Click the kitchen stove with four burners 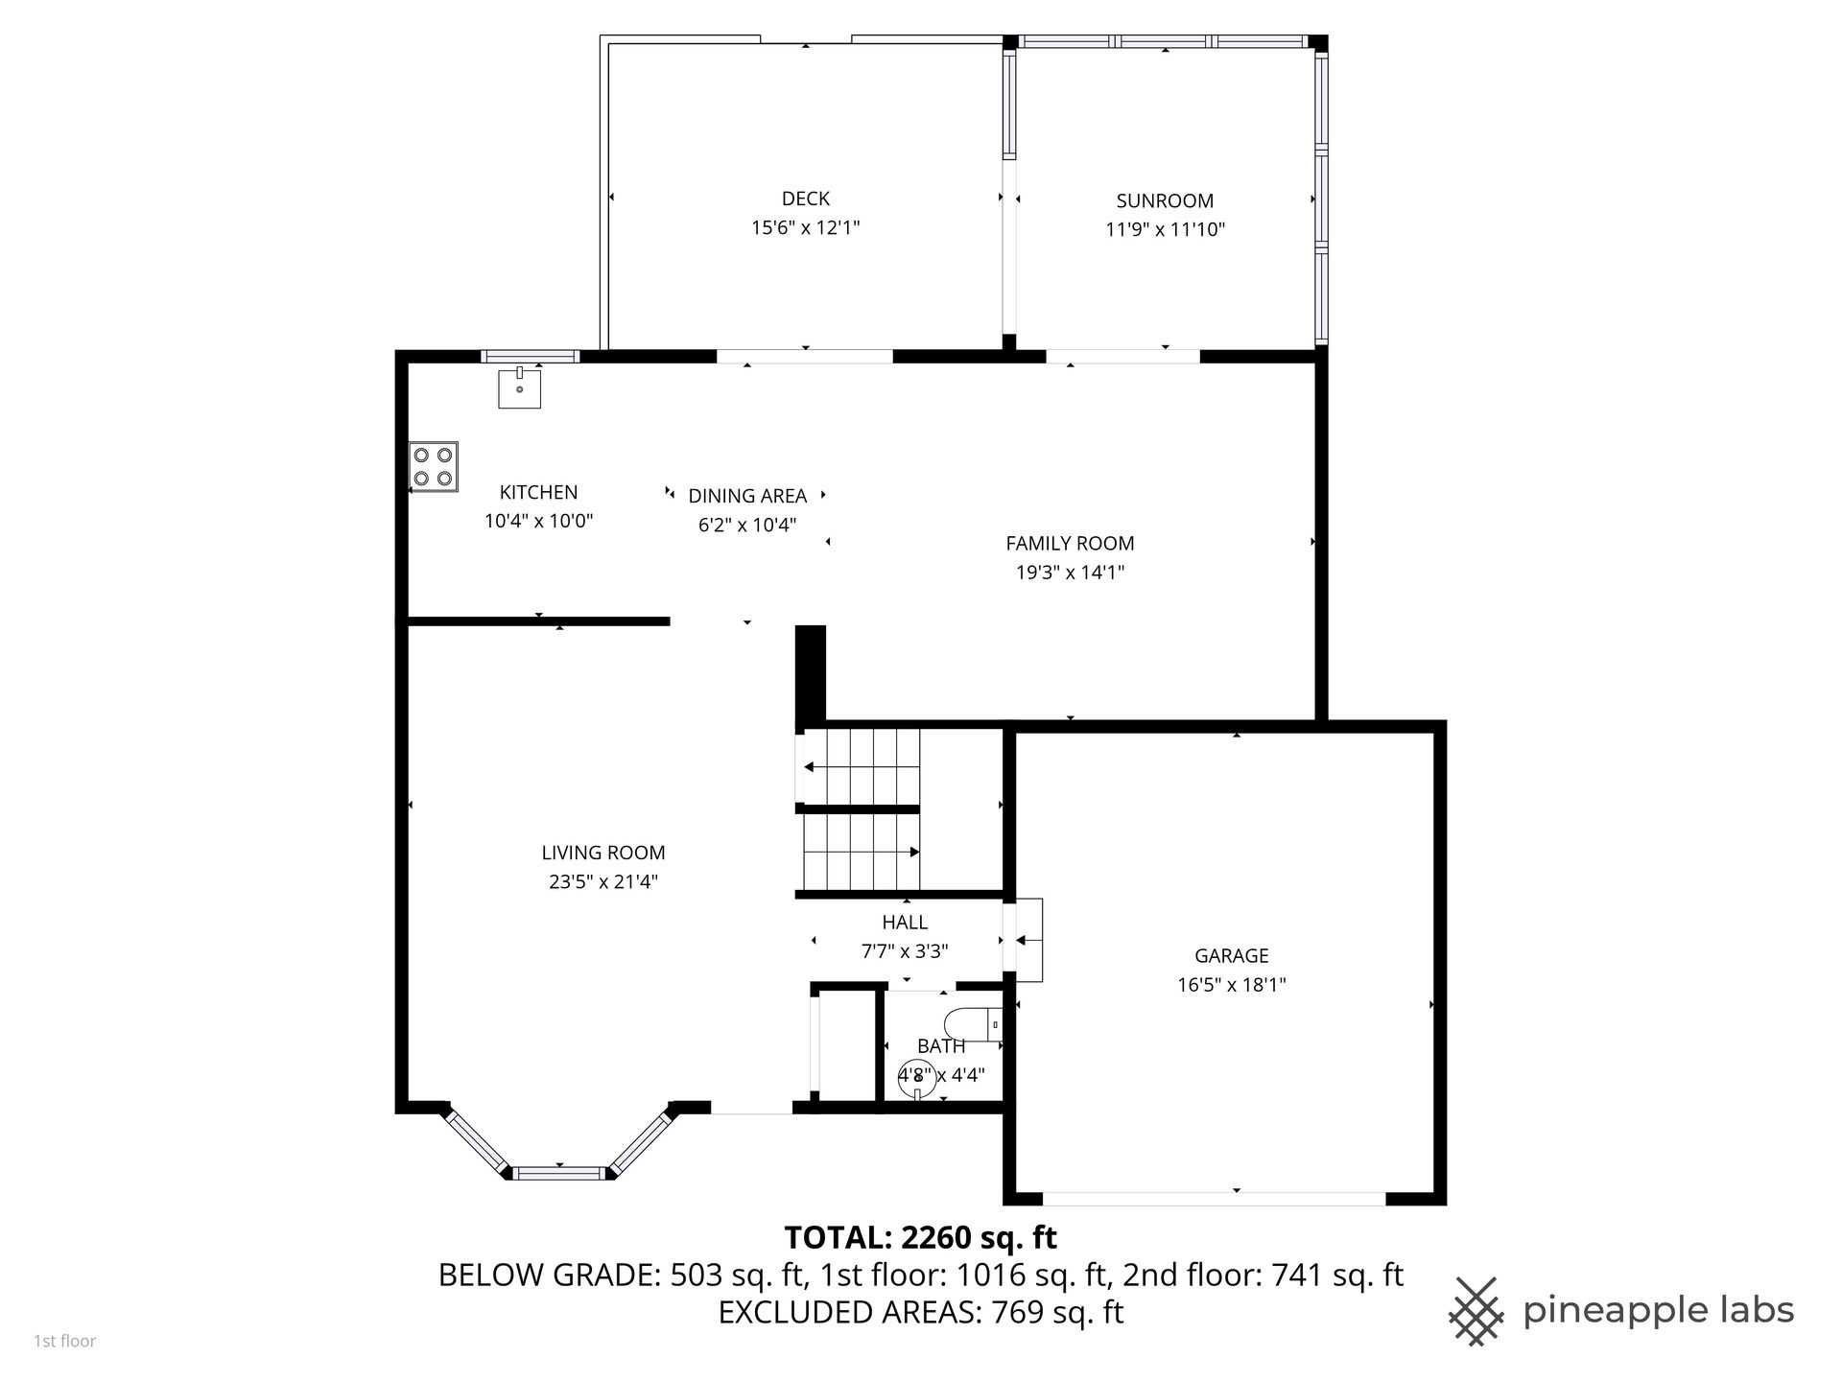[x=434, y=467]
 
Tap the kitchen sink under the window [x=519, y=387]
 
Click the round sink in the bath [x=917, y=1077]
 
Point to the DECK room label [x=806, y=199]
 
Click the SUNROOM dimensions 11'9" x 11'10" [x=1166, y=229]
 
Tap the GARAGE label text [x=1232, y=955]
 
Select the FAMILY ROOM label [x=1070, y=543]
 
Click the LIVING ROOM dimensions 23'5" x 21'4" [x=603, y=881]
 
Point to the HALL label [x=905, y=922]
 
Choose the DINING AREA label [x=747, y=496]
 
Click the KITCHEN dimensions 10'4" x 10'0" [x=539, y=521]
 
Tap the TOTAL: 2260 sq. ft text [x=921, y=1237]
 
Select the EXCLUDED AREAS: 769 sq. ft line [x=921, y=1311]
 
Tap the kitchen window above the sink [x=531, y=357]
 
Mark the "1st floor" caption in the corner [x=65, y=1341]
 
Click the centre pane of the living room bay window [x=560, y=1172]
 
